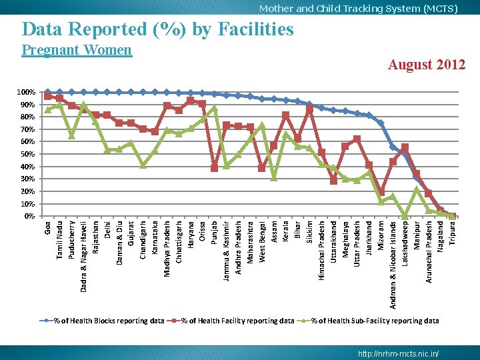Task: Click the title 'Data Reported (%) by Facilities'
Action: tap(157, 30)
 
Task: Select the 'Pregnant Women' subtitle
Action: tap(77, 50)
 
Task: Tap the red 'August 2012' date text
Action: tap(427, 65)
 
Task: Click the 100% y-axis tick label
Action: tap(26, 92)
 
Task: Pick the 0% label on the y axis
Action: tap(30, 216)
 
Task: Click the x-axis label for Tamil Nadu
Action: tap(60, 241)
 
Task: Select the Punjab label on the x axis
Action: tap(214, 233)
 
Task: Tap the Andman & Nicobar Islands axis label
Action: tap(393, 265)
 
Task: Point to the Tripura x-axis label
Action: tap(453, 233)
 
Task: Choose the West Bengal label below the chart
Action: tap(262, 242)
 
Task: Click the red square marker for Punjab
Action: tap(214, 168)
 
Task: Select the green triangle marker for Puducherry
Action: tap(71, 135)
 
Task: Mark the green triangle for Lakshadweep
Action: tap(405, 216)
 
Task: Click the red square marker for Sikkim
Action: tap(309, 108)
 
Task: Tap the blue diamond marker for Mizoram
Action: tap(381, 123)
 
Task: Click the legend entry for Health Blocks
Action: tap(102, 321)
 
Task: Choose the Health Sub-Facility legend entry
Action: tap(368, 321)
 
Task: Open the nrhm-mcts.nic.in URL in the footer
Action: tap(398, 353)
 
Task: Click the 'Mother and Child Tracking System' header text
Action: tap(341, 9)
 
